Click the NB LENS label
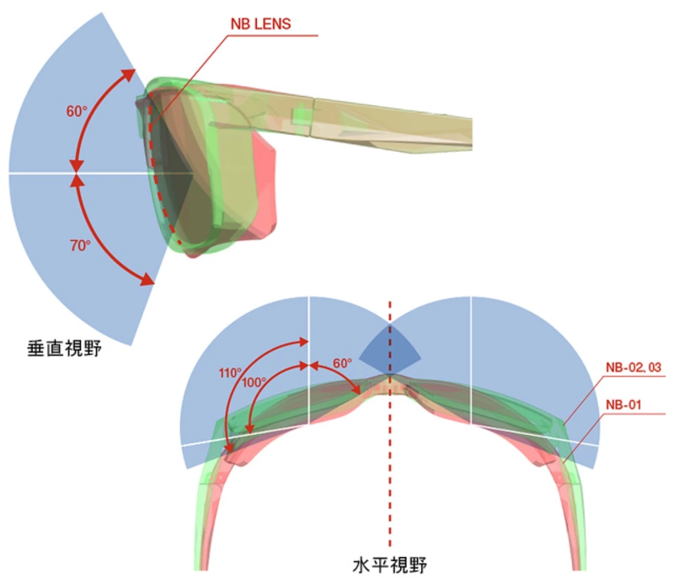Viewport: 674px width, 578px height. [261, 24]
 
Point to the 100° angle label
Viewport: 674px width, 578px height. [254, 382]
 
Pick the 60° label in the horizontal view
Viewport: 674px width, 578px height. [342, 364]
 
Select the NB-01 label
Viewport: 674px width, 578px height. [624, 404]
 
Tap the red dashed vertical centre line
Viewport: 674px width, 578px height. [389, 472]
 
